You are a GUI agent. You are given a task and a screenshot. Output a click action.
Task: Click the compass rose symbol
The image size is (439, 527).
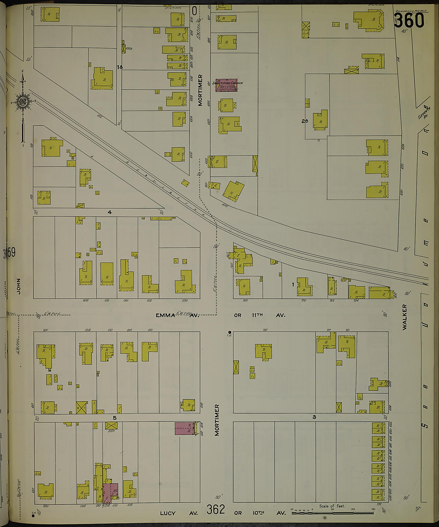(23, 102)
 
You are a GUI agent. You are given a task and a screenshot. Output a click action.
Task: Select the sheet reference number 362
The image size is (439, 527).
(215, 509)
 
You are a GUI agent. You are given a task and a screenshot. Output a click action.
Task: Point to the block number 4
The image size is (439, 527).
(110, 212)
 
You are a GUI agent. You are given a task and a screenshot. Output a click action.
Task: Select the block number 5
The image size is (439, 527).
(115, 418)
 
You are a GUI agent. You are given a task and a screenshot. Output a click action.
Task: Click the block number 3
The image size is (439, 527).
(314, 417)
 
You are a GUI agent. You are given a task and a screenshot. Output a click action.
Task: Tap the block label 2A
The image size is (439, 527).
(305, 121)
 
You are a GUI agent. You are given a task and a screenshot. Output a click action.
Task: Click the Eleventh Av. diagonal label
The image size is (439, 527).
(424, 112)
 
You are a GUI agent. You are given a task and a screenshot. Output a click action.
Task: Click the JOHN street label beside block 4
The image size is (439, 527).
(18, 286)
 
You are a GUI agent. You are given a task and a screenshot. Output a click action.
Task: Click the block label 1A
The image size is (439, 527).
(120, 67)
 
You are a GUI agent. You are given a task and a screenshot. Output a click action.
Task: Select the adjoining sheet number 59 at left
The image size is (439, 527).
(11, 252)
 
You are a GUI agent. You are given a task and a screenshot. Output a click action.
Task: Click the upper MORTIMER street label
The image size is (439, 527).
(200, 90)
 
